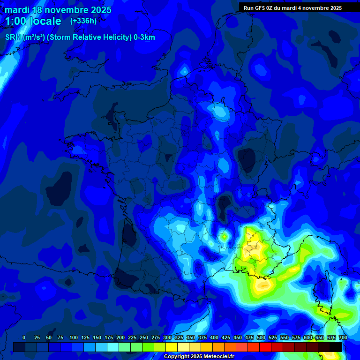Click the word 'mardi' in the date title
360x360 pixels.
pyautogui.click(x=17, y=10)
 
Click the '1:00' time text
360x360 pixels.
pyautogui.click(x=17, y=21)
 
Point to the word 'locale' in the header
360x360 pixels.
pyautogui.click(x=46, y=21)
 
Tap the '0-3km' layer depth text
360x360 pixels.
pyautogui.click(x=144, y=37)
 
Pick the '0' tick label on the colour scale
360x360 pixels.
pyautogui.click(x=24, y=337)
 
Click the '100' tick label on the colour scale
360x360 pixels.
pyautogui.click(x=74, y=337)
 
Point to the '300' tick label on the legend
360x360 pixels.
pyautogui.click(x=167, y=337)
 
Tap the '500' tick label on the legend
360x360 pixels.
pyautogui.click(x=261, y=337)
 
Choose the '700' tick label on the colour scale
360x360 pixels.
pyautogui.click(x=343, y=337)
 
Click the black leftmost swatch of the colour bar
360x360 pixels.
pyautogui.click(x=19, y=347)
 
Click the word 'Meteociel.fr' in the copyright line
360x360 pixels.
pyautogui.click(x=218, y=357)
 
